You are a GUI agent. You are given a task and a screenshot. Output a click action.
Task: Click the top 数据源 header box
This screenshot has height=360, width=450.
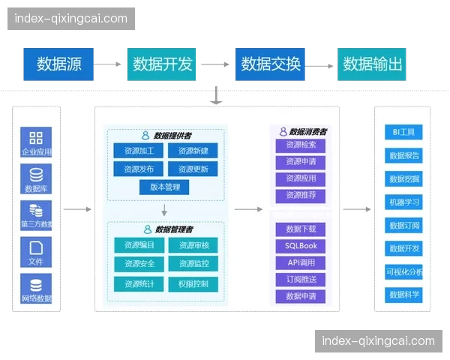click(58, 64)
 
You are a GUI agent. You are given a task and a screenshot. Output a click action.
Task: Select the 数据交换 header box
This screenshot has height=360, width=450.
click(271, 64)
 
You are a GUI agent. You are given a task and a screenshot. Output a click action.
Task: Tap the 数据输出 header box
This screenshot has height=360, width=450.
click(373, 64)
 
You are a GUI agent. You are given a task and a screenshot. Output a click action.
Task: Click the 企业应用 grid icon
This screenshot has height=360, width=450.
click(36, 138)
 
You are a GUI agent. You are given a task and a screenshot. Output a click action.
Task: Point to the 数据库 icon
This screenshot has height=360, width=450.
click(36, 175)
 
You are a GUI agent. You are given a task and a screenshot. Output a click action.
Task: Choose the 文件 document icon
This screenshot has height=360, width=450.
click(36, 247)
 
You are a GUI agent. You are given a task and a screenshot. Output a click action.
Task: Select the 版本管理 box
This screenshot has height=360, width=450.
click(165, 187)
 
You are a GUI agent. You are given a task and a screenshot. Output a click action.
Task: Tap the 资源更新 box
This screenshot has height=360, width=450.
click(193, 169)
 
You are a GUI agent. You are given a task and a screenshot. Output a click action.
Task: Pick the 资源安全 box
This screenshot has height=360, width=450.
click(139, 264)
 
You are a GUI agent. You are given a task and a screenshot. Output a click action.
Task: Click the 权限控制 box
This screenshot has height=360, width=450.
click(193, 284)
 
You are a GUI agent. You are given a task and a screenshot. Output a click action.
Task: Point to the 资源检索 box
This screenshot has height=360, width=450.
click(301, 145)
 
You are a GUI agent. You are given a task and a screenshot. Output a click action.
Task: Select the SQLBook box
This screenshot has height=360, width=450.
click(301, 245)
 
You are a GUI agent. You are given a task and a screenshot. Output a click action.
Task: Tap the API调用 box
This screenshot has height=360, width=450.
click(301, 262)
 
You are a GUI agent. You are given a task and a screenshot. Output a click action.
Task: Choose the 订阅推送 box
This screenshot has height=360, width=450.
click(301, 279)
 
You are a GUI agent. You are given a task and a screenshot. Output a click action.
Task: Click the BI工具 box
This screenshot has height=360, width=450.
click(403, 133)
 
